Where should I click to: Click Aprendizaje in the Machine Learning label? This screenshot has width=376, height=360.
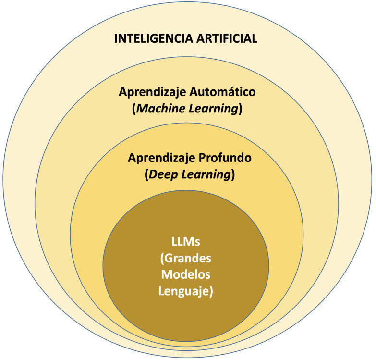click(148, 92)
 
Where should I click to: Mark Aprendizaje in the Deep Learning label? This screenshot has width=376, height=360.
click(155, 158)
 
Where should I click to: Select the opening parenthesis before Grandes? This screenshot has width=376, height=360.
click(161, 260)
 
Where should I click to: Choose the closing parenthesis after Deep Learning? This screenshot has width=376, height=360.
click(232, 175)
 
